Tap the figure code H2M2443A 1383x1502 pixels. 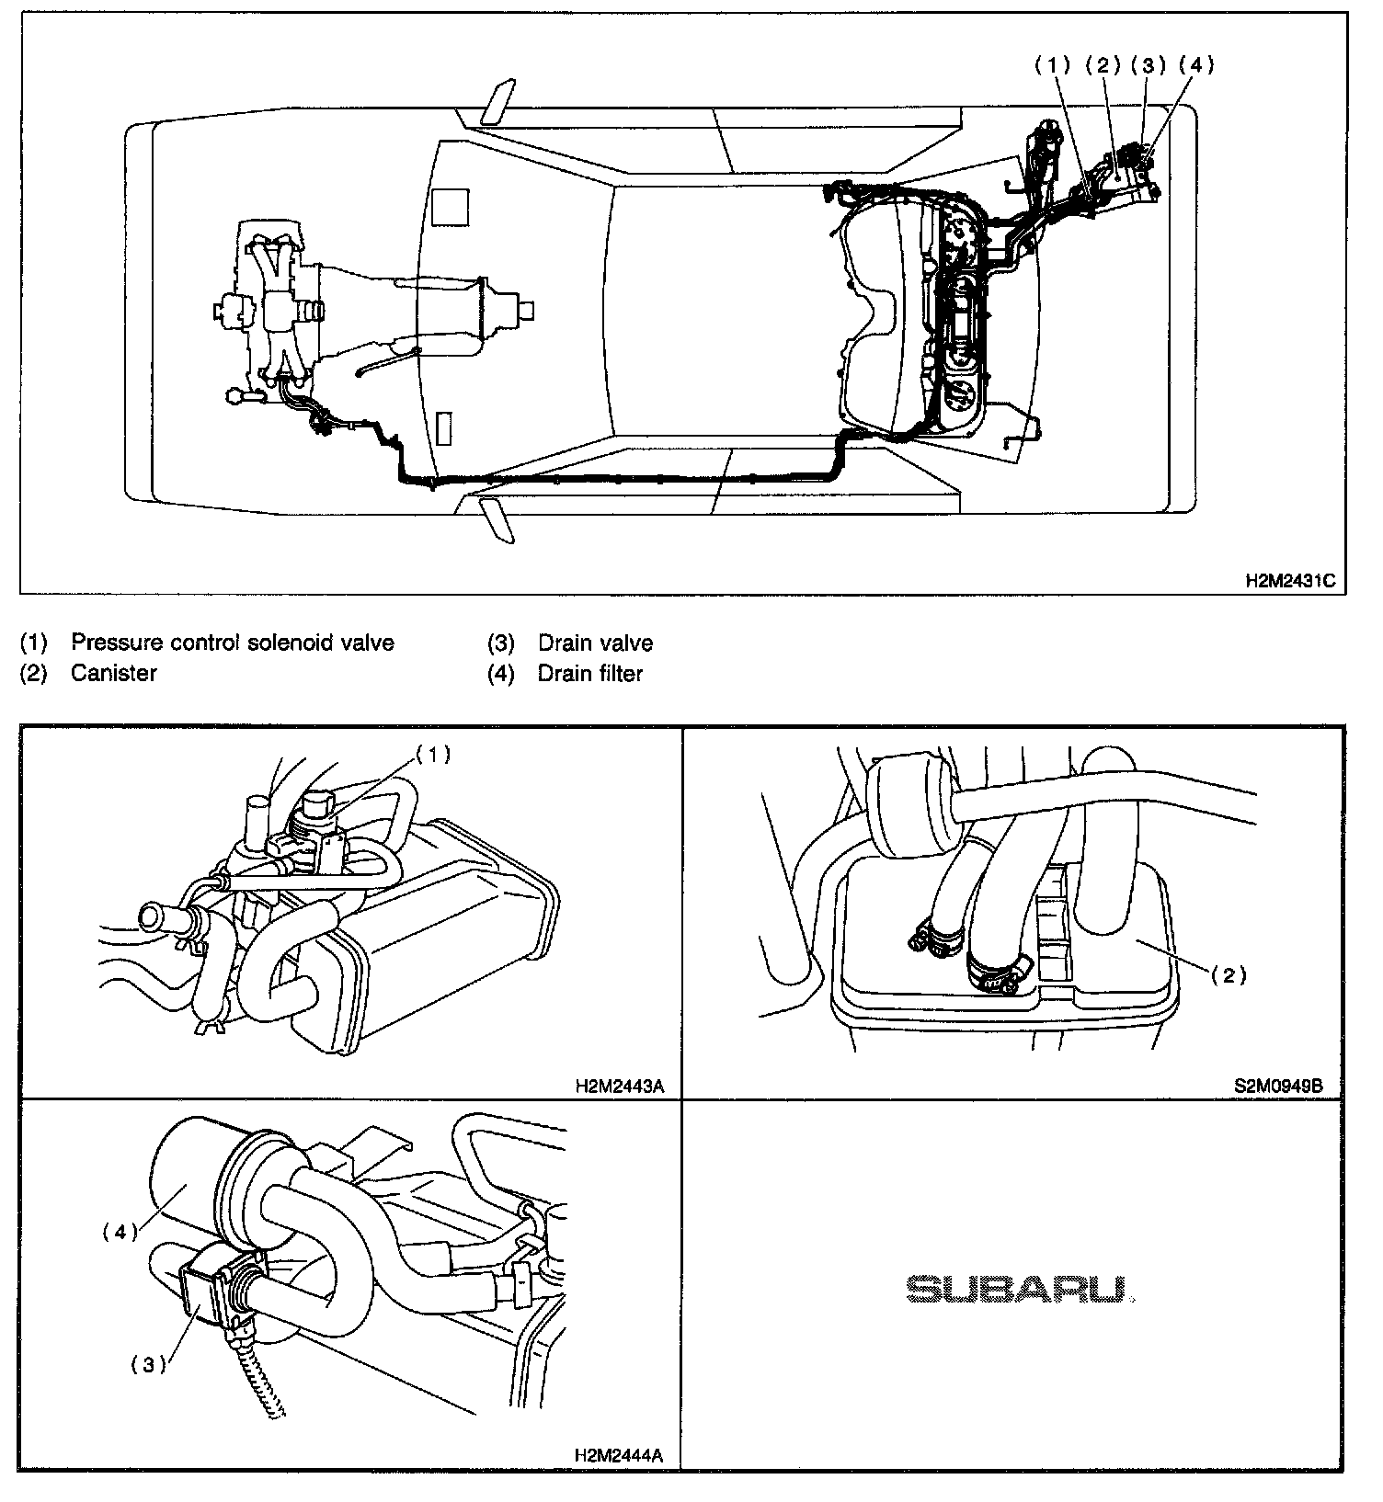(619, 1086)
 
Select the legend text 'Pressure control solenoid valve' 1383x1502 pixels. (233, 643)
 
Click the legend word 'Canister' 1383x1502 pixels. (114, 673)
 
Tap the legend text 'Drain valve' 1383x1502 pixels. (596, 643)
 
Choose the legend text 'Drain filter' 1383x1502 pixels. (590, 674)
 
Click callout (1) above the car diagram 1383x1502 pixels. (1053, 64)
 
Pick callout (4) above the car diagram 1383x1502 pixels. (1195, 64)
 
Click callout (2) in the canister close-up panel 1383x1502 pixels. (1229, 975)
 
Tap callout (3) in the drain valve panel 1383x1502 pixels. (149, 1365)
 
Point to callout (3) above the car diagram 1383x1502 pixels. (1148, 64)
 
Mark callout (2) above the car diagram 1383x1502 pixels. (1101, 64)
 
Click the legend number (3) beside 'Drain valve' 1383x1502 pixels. (500, 643)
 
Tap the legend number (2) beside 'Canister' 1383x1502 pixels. (33, 673)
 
